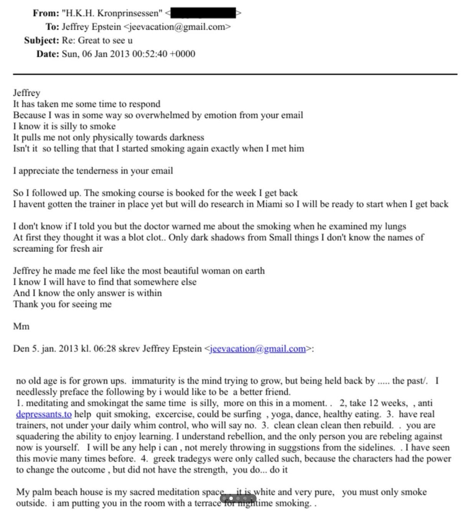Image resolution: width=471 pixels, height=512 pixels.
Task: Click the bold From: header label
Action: (x=45, y=13)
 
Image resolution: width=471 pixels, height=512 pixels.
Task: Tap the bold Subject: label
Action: (x=41, y=40)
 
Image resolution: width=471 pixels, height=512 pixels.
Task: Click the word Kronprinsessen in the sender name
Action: (x=128, y=13)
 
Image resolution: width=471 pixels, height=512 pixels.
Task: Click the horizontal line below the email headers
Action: (x=235, y=73)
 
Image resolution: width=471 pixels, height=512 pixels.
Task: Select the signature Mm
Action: (x=21, y=327)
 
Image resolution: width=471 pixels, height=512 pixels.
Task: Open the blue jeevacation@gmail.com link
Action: (x=258, y=349)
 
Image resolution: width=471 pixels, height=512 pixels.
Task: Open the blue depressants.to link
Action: (x=44, y=414)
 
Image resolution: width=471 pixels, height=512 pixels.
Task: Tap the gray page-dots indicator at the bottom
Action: (x=238, y=499)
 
